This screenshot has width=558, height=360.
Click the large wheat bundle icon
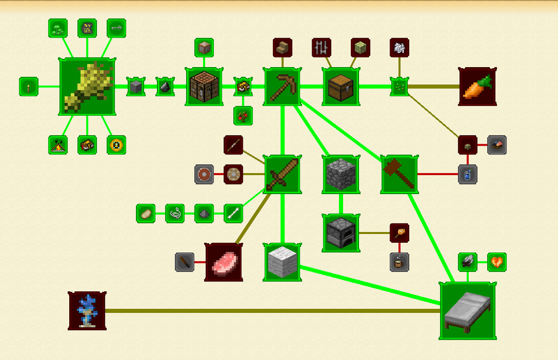[x=87, y=86]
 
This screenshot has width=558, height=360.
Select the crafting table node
[x=204, y=86]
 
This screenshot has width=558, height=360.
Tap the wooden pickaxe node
[x=282, y=86]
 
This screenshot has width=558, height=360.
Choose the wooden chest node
[x=341, y=86]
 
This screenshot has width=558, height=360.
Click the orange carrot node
[x=477, y=86]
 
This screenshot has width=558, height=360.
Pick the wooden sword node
[x=282, y=174]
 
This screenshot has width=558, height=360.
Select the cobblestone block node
[x=341, y=174]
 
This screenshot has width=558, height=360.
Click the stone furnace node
[x=341, y=233]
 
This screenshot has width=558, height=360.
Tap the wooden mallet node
[x=399, y=174]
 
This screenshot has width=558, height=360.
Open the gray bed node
[x=468, y=310]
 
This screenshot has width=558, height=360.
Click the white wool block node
[x=282, y=262]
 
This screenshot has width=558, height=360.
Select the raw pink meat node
[x=224, y=262]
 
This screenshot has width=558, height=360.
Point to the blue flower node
[x=87, y=310]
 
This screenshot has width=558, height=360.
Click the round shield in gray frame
[x=204, y=175]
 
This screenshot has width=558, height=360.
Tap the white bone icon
[x=234, y=213]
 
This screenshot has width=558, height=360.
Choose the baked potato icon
[x=146, y=213]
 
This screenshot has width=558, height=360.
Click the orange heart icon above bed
[x=497, y=262]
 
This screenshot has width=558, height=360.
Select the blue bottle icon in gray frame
[x=468, y=175]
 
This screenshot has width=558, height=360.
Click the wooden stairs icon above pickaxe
[x=283, y=48]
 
